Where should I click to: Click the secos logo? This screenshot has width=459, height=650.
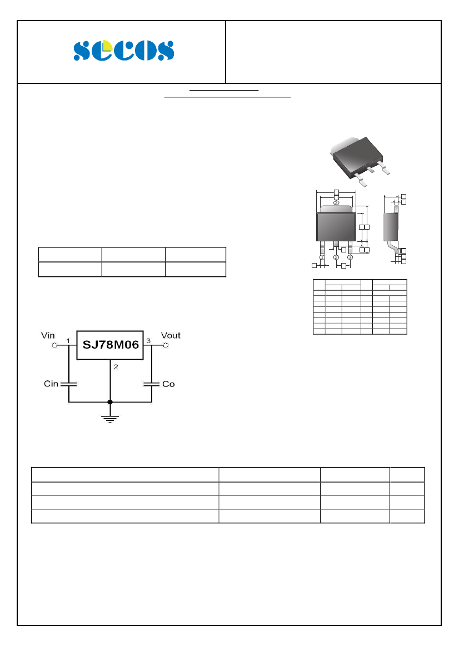[x=123, y=51]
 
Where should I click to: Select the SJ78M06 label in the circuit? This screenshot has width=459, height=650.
[x=110, y=344]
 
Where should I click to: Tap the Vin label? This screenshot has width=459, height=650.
[x=48, y=335]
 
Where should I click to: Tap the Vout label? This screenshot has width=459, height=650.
[x=171, y=335]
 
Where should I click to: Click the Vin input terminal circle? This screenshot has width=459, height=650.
[x=54, y=345]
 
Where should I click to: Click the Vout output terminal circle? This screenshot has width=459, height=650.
[x=165, y=345]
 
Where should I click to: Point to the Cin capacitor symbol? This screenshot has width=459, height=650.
[x=68, y=384]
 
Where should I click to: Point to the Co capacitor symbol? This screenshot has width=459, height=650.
[x=151, y=384]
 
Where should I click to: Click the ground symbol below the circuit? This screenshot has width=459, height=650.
[x=110, y=418]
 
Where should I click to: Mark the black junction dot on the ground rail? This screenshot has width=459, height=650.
[x=110, y=401]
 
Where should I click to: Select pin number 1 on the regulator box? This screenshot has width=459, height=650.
[x=68, y=340]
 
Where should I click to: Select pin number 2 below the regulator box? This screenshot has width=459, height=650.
[x=115, y=366]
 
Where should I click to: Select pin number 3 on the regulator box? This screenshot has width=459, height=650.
[x=148, y=340]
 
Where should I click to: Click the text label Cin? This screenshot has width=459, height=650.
[x=51, y=384]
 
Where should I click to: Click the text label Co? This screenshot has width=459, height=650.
[x=168, y=384]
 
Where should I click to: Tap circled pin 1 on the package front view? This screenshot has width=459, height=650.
[x=322, y=257]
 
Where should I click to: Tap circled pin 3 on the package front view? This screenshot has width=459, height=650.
[x=350, y=257]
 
